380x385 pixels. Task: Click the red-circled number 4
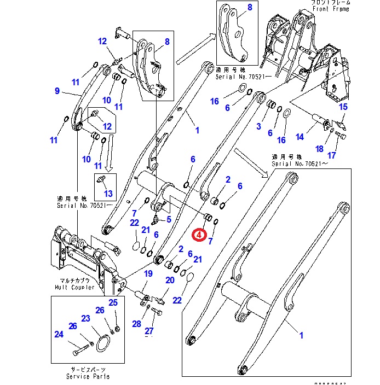pos(199,235)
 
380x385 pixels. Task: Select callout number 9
pos(57,91)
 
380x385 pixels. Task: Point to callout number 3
pos(258,126)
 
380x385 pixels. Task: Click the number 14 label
pos(314,137)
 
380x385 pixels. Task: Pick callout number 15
pos(343,107)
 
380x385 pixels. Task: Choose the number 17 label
pos(332,155)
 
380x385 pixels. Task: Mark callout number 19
pos(148,273)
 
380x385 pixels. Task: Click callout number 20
pos(170,281)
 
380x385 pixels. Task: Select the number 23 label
pos(86,319)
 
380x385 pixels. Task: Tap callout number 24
pos(59,335)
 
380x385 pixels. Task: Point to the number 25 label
pos(113,302)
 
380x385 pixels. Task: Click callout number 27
pos(149,331)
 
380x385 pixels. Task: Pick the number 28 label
pos(136,324)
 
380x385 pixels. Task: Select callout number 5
pos(169,219)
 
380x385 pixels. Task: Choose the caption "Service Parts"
pos(87,376)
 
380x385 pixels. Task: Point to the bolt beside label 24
pos(80,347)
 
